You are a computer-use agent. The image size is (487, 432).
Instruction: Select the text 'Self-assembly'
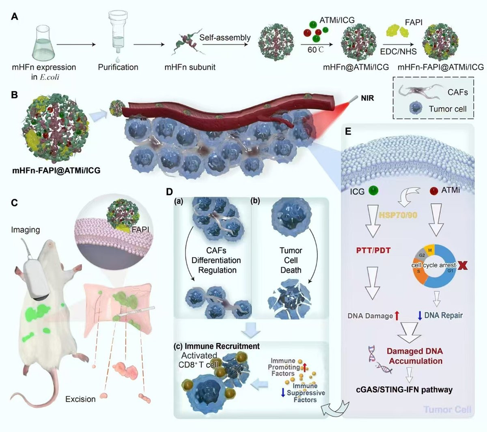[x=225, y=37]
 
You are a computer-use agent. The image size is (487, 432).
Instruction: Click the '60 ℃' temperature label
[x=316, y=50]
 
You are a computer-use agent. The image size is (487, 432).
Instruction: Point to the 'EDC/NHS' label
[x=398, y=52]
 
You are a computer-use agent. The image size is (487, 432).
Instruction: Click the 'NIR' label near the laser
[x=367, y=98]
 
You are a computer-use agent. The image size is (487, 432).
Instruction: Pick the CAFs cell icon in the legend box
[x=420, y=91]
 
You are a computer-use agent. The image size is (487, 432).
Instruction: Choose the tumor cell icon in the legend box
[x=416, y=108]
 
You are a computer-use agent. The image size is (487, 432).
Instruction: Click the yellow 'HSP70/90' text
[x=398, y=215]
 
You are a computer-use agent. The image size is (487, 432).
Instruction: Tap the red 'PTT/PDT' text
[x=373, y=250]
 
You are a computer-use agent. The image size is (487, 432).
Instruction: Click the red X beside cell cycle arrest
[x=463, y=266]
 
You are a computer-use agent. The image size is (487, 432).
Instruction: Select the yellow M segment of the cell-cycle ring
[x=430, y=251]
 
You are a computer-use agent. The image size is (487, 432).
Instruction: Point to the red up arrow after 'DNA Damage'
[x=397, y=316]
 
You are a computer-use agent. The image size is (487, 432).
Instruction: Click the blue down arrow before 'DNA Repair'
[x=420, y=316]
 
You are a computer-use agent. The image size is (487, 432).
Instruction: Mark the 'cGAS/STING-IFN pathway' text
[x=404, y=390]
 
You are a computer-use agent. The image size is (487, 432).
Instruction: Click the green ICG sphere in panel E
[x=373, y=191]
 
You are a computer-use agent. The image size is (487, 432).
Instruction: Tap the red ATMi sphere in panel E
[x=434, y=191]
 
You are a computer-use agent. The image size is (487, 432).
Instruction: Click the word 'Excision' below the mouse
[x=80, y=399]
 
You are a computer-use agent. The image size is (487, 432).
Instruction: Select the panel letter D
[x=170, y=191]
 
